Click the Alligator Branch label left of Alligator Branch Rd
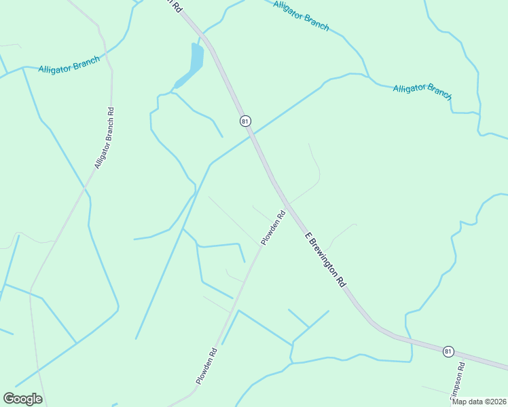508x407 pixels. coord(69,64)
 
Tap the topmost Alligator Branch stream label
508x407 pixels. coord(301,16)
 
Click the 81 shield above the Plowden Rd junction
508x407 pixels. coord(245,121)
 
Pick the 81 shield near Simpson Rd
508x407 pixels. coord(448,351)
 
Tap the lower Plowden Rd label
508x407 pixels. coord(206,366)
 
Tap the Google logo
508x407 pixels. coord(22,399)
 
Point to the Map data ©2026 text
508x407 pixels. coord(478,402)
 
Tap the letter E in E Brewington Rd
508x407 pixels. coord(308,236)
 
